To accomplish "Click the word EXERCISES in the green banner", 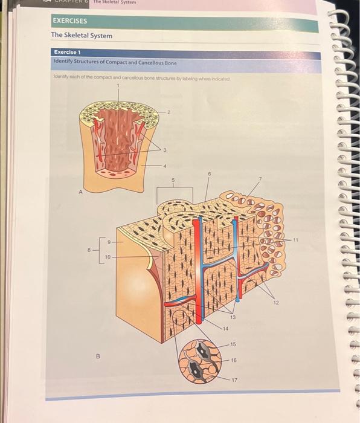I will coord(70,21).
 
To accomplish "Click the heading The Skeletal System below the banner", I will coord(82,36).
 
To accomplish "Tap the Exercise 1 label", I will coord(67,53).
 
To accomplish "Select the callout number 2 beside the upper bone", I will coord(169,113).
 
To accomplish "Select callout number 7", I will coord(261,179).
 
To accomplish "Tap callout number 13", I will coord(233,316).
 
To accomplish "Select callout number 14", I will coord(225,328).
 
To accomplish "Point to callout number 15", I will coord(233,344).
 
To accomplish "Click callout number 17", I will coord(235,379).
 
